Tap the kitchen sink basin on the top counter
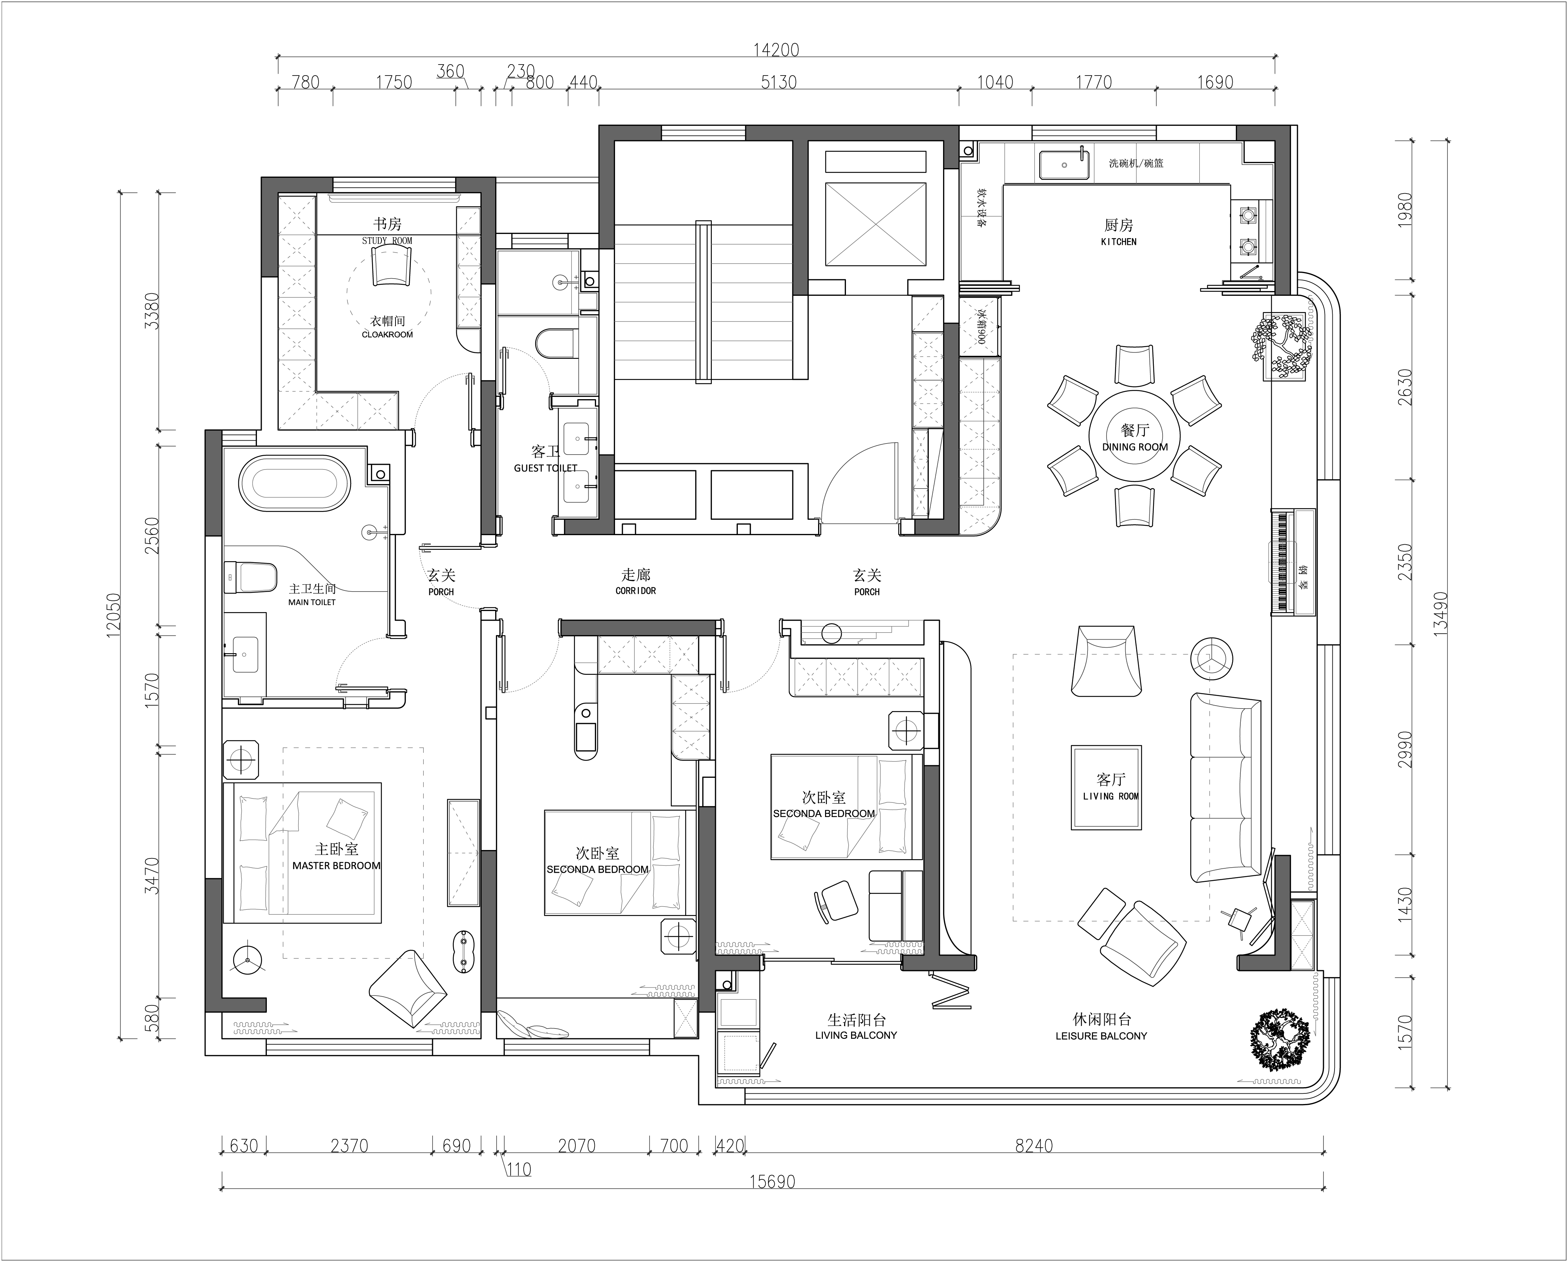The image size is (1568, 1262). pyautogui.click(x=1064, y=165)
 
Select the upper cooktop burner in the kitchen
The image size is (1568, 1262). pyautogui.click(x=1248, y=215)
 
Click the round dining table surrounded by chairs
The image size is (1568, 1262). pyautogui.click(x=1134, y=436)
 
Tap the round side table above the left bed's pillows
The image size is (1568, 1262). pyautogui.click(x=241, y=760)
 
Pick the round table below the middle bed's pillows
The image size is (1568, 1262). pyautogui.click(x=678, y=936)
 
